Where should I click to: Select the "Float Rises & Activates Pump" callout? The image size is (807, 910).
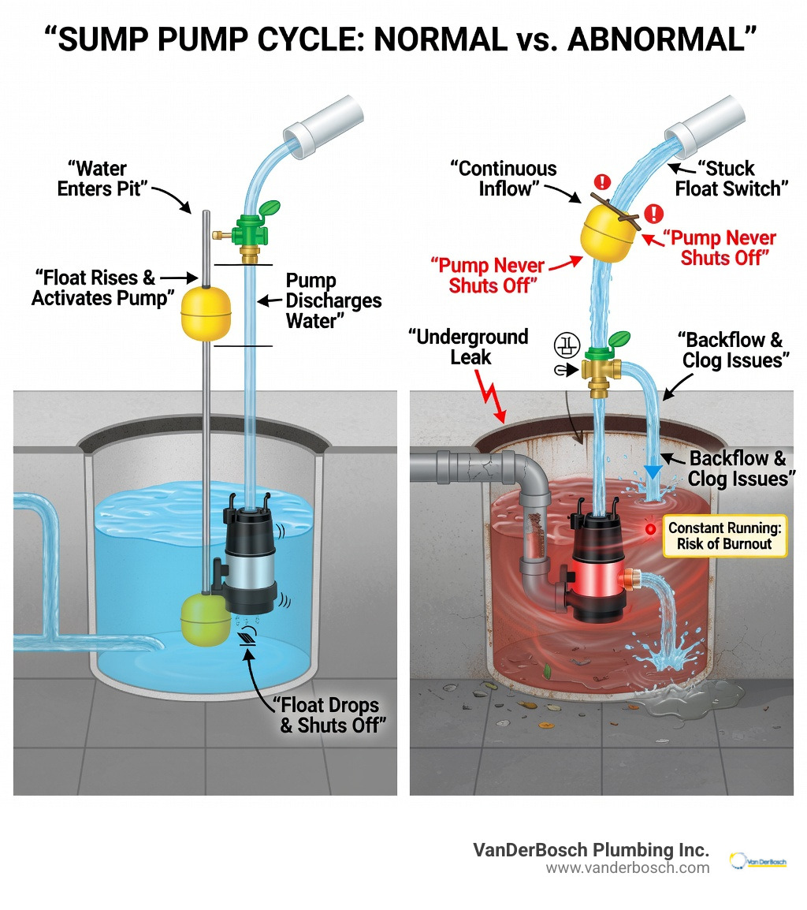pos(94,288)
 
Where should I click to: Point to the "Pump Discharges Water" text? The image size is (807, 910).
pos(333,300)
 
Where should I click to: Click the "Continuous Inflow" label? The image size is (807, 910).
pos(503,179)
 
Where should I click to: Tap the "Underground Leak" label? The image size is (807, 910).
pos(468,347)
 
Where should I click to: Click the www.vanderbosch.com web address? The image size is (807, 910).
pos(627,867)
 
